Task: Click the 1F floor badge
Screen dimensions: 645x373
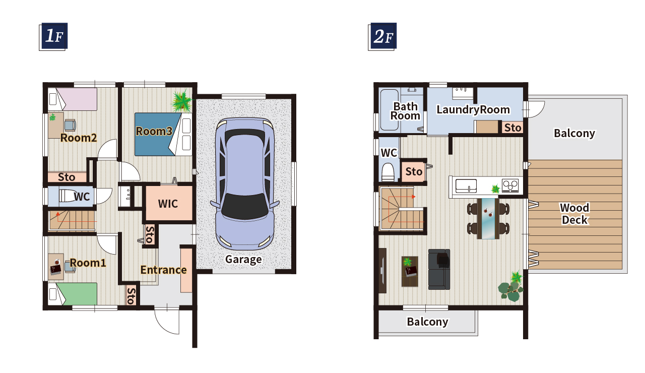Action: coord(53,37)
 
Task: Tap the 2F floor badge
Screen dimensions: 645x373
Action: coord(382,37)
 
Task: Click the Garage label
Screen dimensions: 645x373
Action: coord(243,259)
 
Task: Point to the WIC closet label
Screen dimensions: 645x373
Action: coord(168,204)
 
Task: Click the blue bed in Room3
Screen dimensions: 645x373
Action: coord(163,134)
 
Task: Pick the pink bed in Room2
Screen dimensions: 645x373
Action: coord(73,99)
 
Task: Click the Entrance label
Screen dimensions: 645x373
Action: coord(163,270)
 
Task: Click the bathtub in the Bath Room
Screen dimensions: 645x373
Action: coord(390,110)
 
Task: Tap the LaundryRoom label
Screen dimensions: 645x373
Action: coord(473,110)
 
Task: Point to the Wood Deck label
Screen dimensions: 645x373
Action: coord(575,214)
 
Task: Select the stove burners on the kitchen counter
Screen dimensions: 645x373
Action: coord(510,185)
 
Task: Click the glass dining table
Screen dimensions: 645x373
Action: coord(488,219)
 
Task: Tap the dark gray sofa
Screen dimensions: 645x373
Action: coord(439,269)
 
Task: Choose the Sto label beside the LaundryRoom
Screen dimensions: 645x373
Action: coord(513,128)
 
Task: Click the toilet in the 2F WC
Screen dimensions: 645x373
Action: coord(388,172)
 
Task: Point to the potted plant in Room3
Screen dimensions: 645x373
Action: coord(182,101)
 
